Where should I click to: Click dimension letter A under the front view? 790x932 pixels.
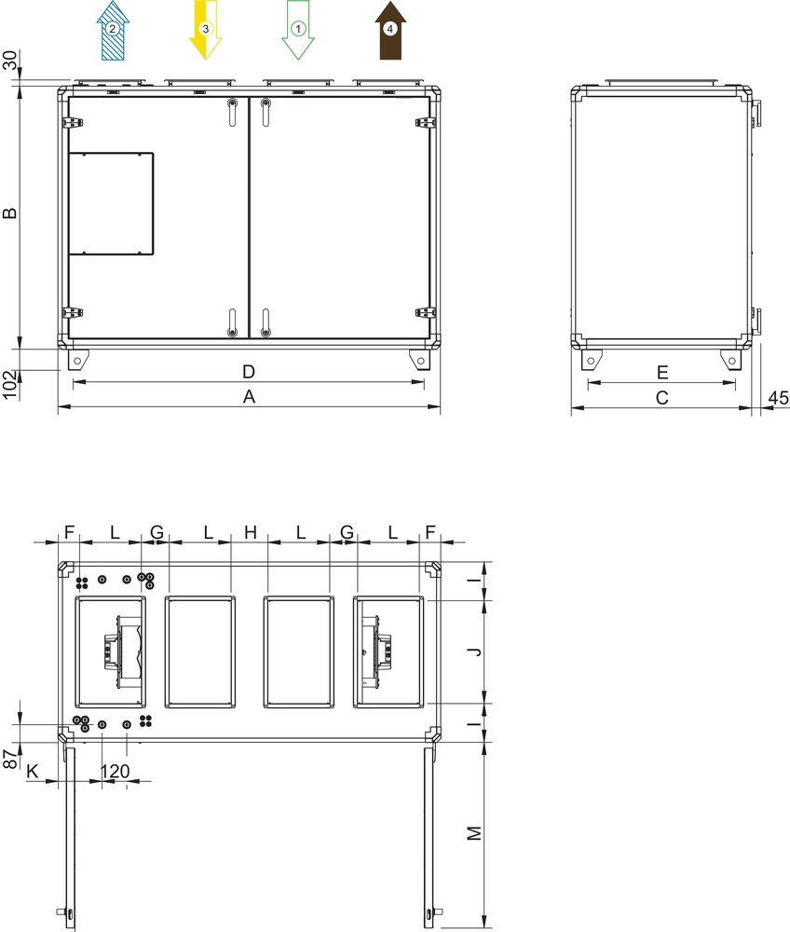pyautogui.click(x=249, y=396)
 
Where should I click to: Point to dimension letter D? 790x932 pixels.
pyautogui.click(x=249, y=372)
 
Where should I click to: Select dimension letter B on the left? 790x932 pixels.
pyautogui.click(x=10, y=212)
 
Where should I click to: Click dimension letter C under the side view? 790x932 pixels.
pyautogui.click(x=662, y=398)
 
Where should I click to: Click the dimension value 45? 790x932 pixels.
pyautogui.click(x=779, y=398)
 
